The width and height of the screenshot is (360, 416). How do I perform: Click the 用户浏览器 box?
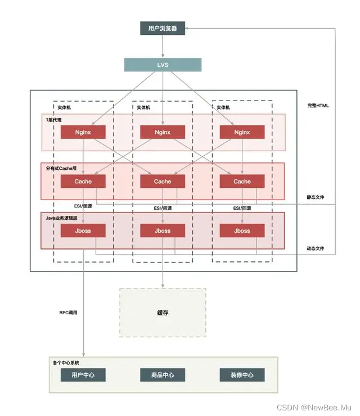coord(163,28)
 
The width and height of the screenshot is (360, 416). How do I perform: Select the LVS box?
coord(163,65)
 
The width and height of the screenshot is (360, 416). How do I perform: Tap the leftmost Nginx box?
coord(83,133)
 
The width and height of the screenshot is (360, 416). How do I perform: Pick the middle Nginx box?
coord(163,133)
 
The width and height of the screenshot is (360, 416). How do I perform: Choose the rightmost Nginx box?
coord(242,133)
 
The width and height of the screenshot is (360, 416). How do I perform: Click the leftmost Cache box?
coord(83,182)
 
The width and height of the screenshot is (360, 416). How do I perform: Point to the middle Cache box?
coord(163,182)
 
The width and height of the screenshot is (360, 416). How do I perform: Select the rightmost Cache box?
coord(242,182)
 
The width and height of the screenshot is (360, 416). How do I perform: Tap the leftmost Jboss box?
coord(83,230)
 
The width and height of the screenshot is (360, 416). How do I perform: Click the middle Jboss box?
coord(163,230)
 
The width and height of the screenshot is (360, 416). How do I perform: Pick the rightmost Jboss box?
coord(242,230)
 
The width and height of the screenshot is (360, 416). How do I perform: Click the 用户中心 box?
coord(83,375)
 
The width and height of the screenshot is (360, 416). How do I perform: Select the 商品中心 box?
coord(163,375)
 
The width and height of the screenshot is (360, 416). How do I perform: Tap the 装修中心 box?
coord(242,375)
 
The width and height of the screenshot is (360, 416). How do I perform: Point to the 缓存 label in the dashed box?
coord(163,313)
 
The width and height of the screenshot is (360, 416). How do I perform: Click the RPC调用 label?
coord(68,313)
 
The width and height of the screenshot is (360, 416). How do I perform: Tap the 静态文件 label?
coord(316,197)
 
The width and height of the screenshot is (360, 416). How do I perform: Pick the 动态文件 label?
coord(316,248)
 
